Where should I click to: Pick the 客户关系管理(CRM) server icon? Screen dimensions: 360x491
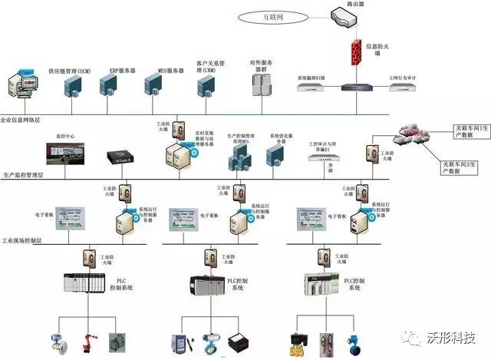point(206,87)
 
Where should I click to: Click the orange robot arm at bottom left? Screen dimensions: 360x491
point(86,337)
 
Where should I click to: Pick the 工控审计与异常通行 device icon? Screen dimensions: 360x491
point(322,159)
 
